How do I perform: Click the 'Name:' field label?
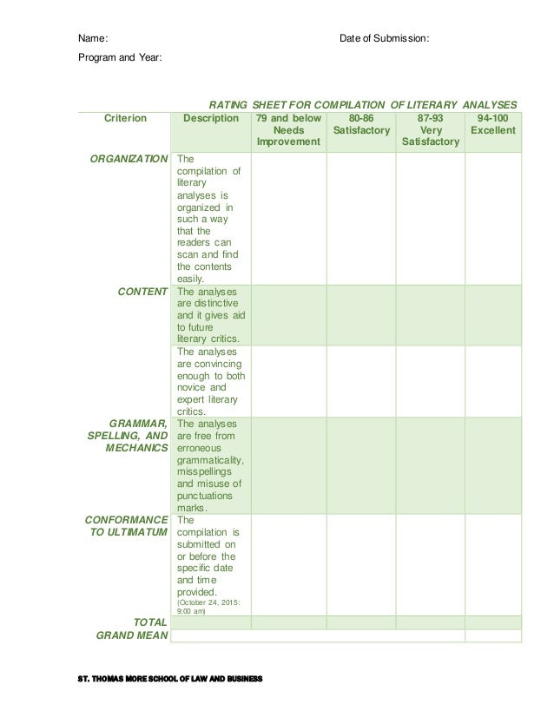(94, 39)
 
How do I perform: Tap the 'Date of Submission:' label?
(383, 39)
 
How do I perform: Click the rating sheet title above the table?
(358, 102)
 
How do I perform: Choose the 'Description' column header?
(211, 118)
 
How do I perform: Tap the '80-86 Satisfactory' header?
(360, 124)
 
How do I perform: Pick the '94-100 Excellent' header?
(492, 124)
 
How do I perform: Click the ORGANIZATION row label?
(129, 160)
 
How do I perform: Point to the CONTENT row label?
(142, 293)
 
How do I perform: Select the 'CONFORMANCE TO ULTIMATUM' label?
(128, 526)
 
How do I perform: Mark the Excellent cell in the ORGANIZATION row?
(492, 218)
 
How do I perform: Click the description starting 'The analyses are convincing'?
(210, 381)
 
